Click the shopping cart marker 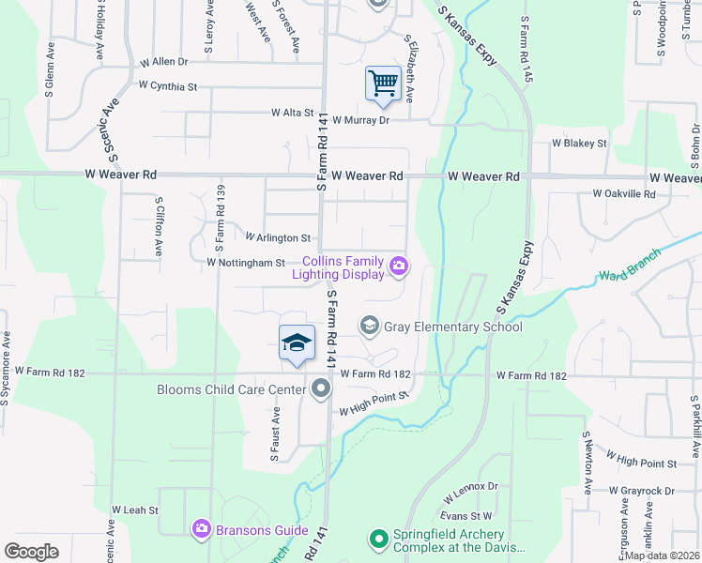[x=383, y=84]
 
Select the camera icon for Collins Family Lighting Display [x=399, y=267]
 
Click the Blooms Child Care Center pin [x=321, y=388]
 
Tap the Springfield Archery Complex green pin [x=378, y=539]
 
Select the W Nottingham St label [x=245, y=264]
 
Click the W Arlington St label [x=277, y=238]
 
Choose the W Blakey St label [x=579, y=144]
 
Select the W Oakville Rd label [x=624, y=194]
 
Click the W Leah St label [x=135, y=510]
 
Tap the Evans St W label [x=467, y=516]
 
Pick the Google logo [x=32, y=551]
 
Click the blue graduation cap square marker [x=297, y=342]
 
